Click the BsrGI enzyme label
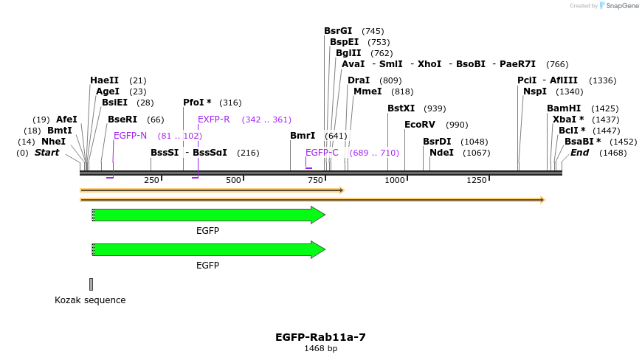(338, 31)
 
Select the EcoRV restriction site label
(420, 125)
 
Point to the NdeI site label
(441, 153)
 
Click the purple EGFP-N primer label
(130, 136)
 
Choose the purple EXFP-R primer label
(214, 120)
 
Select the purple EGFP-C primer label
(322, 153)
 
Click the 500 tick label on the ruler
(234, 181)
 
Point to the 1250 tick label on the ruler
(477, 181)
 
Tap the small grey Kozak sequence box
(91, 284)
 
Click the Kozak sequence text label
(90, 300)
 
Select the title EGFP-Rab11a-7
(320, 337)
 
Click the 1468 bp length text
(320, 349)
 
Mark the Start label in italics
(47, 153)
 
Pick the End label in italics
(580, 153)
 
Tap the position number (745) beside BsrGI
(373, 31)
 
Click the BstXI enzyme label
(401, 108)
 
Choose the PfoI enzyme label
(197, 103)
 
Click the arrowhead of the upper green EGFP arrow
(318, 215)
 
